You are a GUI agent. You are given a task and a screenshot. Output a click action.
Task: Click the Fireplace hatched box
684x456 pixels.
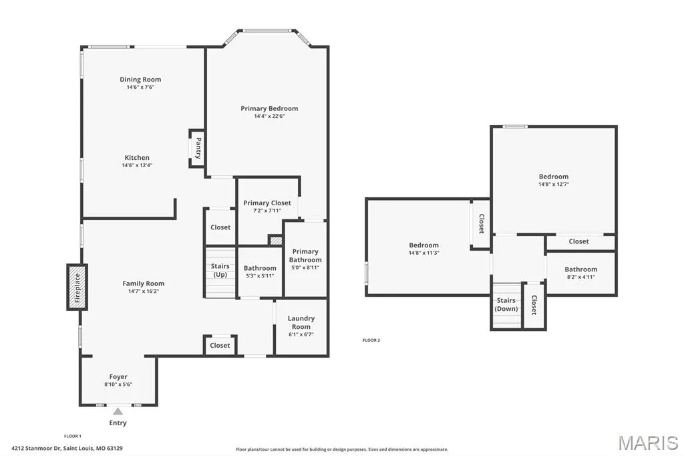(x=77, y=288)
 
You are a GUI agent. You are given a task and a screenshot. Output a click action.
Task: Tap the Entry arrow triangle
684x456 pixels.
(x=118, y=411)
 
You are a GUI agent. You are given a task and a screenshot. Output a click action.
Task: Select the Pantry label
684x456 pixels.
(x=198, y=148)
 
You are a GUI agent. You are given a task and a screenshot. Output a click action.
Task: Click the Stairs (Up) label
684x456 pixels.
(x=220, y=270)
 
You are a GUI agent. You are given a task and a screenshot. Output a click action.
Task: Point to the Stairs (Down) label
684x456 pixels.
(x=506, y=304)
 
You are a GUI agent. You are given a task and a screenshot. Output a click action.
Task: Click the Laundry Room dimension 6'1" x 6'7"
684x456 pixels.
(x=301, y=334)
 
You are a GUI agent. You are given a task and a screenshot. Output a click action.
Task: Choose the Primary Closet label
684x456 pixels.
(x=267, y=203)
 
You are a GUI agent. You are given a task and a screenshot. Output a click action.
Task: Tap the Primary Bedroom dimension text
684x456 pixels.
(x=270, y=116)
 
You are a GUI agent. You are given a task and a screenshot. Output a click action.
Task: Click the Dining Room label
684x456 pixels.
(x=140, y=80)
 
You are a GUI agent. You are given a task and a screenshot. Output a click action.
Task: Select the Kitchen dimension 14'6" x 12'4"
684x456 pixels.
(x=137, y=165)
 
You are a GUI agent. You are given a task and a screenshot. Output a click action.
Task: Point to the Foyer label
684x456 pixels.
(x=118, y=376)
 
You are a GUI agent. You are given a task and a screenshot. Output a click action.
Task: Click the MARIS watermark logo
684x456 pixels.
(x=648, y=443)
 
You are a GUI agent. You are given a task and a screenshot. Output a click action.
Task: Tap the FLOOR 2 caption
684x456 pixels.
(x=371, y=340)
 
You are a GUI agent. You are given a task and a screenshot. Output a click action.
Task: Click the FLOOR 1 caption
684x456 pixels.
(x=73, y=436)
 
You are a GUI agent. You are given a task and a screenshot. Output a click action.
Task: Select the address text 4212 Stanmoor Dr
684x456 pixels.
(x=36, y=448)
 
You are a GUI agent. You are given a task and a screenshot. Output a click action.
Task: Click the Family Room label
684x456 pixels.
(x=144, y=283)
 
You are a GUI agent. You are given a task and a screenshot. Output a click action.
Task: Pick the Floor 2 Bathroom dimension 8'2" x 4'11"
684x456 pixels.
(x=581, y=277)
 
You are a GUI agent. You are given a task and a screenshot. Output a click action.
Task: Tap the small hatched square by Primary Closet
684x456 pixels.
(x=276, y=240)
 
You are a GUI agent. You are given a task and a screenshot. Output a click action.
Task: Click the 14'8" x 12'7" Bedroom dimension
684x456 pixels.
(x=554, y=185)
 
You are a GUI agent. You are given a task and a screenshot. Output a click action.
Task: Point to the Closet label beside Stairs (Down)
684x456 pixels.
(x=534, y=304)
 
